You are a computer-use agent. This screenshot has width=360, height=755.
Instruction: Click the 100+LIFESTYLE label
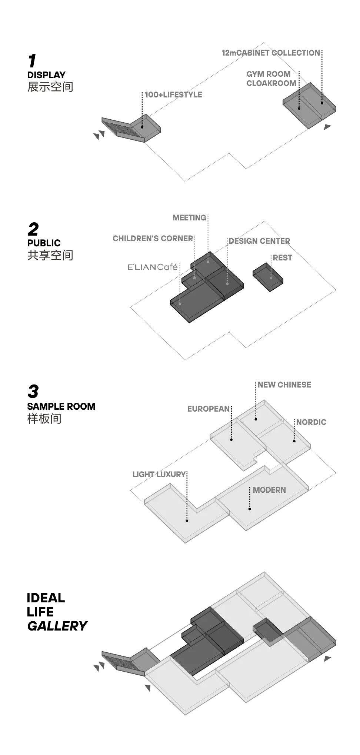(173, 95)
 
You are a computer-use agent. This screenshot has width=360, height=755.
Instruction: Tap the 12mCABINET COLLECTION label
(271, 53)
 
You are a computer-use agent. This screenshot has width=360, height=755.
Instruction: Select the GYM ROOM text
(268, 74)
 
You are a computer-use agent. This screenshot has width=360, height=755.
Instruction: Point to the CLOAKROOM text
(271, 83)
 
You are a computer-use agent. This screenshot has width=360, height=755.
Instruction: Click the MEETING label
(189, 218)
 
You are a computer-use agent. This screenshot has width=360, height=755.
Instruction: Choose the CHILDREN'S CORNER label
(153, 239)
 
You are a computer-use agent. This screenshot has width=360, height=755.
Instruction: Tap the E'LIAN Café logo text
(153, 267)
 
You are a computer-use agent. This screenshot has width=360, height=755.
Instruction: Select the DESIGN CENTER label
(259, 241)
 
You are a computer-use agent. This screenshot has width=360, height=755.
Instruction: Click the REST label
(282, 258)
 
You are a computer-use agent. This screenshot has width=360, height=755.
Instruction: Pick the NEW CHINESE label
(284, 385)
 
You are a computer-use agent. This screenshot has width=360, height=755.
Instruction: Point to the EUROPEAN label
(209, 409)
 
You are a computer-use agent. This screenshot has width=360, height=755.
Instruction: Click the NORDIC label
(311, 422)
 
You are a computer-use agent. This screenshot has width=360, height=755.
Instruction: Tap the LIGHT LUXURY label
(159, 475)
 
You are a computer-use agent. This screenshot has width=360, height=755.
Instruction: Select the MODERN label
(269, 490)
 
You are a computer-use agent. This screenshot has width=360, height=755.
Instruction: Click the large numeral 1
(32, 61)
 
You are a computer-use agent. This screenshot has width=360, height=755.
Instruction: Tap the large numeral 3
(33, 392)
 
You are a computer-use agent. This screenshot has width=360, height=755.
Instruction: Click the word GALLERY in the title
(57, 626)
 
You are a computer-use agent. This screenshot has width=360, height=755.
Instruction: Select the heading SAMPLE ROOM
(61, 406)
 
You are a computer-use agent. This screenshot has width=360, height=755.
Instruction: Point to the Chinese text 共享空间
(50, 255)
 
